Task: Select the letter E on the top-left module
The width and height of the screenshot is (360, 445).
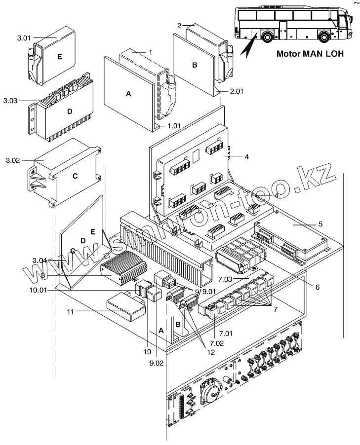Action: [x=59, y=57]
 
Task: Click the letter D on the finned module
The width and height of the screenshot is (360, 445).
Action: [x=70, y=111]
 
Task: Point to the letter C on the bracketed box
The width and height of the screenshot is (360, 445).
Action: [x=75, y=176]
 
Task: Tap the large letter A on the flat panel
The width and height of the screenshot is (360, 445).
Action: [x=128, y=93]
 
